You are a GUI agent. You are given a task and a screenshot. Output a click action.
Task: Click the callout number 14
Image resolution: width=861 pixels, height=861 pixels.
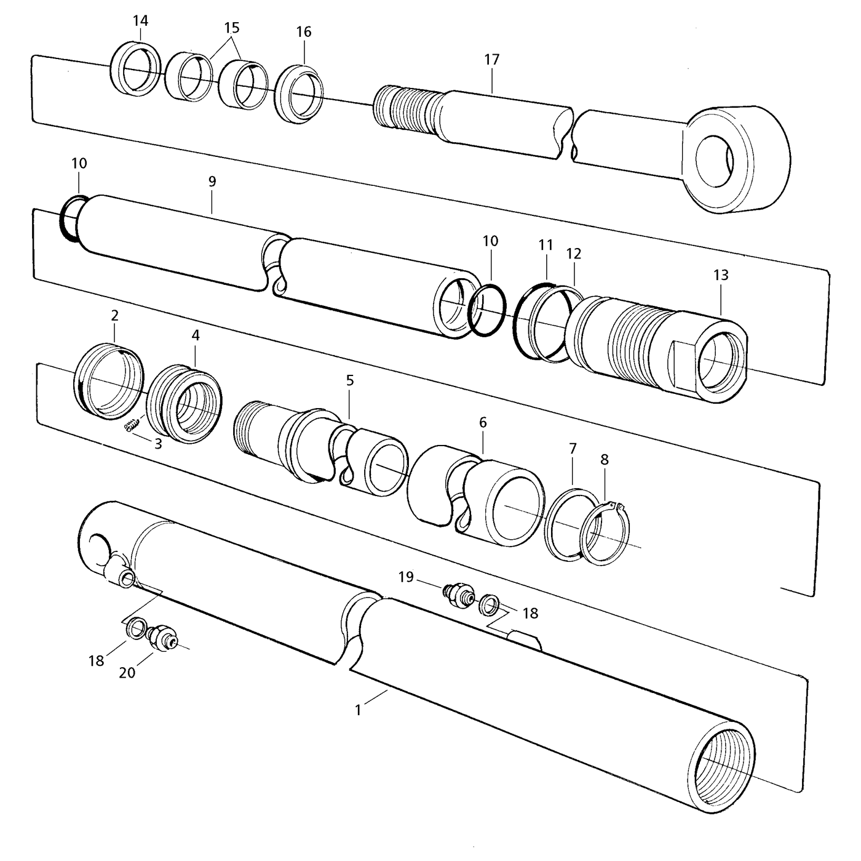click(x=140, y=21)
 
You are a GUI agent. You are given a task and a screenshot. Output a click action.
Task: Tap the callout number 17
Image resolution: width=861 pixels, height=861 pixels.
click(x=492, y=60)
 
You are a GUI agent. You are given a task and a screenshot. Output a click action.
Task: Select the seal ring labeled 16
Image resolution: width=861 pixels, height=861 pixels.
click(x=299, y=94)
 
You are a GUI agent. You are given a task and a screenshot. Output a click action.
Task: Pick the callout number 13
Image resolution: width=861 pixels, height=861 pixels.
click(x=721, y=275)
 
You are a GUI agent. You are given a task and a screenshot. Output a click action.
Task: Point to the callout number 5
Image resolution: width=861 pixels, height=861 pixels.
click(x=350, y=380)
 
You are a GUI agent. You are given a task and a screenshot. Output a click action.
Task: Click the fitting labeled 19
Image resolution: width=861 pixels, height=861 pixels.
click(x=458, y=594)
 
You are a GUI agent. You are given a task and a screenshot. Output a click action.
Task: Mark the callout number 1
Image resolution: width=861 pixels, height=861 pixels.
click(x=359, y=710)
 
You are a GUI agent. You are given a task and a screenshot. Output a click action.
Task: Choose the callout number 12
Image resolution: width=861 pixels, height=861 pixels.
click(x=574, y=254)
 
